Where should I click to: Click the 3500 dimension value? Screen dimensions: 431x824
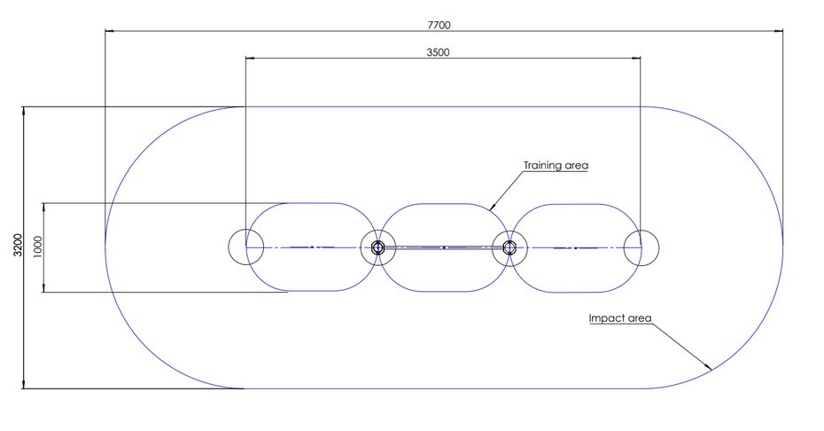click(x=438, y=52)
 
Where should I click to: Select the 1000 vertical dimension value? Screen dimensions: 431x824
click(x=36, y=247)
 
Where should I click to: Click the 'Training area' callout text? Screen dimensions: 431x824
click(x=556, y=165)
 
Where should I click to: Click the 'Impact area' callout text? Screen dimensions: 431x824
click(x=620, y=317)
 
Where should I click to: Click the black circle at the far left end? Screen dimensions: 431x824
click(x=245, y=247)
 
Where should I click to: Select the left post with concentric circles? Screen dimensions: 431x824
click(x=377, y=247)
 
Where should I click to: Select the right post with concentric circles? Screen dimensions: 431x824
click(x=509, y=247)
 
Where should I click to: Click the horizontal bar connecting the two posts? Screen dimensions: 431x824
click(x=443, y=247)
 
